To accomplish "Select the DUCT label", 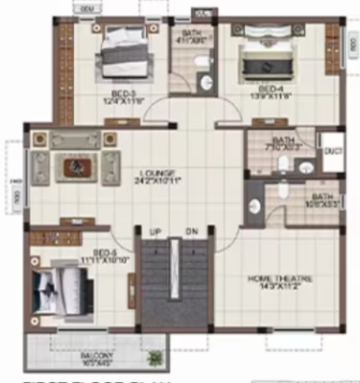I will coord(334,151).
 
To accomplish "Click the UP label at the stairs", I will coord(155,231).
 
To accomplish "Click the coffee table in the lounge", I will coord(76,165).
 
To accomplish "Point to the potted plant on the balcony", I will coord(156,358).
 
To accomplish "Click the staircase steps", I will coord(174,284).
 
